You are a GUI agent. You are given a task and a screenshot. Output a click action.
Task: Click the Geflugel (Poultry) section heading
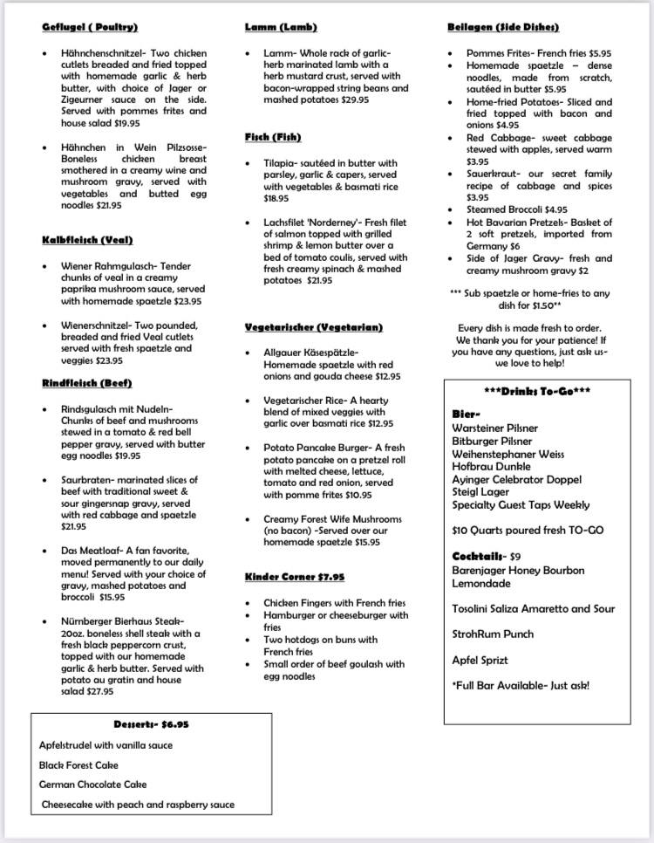coord(90,28)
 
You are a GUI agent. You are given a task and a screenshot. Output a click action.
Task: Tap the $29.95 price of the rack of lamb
coord(355,100)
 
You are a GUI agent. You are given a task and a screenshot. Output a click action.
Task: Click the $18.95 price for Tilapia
coord(276,199)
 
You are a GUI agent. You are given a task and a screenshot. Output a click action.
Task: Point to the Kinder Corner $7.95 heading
coord(295,577)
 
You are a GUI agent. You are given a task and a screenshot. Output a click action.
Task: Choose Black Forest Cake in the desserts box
coord(78,764)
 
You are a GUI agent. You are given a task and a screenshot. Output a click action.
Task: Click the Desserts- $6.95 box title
coord(151,724)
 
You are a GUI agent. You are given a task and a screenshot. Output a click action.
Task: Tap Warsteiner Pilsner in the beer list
coord(494,428)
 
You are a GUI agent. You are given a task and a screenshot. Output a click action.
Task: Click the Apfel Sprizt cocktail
coord(480,661)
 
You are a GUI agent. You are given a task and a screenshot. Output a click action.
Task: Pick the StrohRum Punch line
coord(493,634)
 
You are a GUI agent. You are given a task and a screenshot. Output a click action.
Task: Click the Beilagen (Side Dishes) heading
coord(502,28)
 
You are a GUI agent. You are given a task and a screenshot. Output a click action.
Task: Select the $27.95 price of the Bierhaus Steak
coord(99,692)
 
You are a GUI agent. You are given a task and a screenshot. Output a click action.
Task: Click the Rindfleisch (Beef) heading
coord(86,383)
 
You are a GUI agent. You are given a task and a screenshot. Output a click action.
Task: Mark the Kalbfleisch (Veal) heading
coord(87,240)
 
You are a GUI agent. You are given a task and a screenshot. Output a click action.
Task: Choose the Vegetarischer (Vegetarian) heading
coord(314,327)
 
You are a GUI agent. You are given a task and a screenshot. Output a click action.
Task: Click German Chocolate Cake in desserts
coord(92,785)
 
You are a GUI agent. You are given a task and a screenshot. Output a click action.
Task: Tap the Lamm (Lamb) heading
coord(281,28)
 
